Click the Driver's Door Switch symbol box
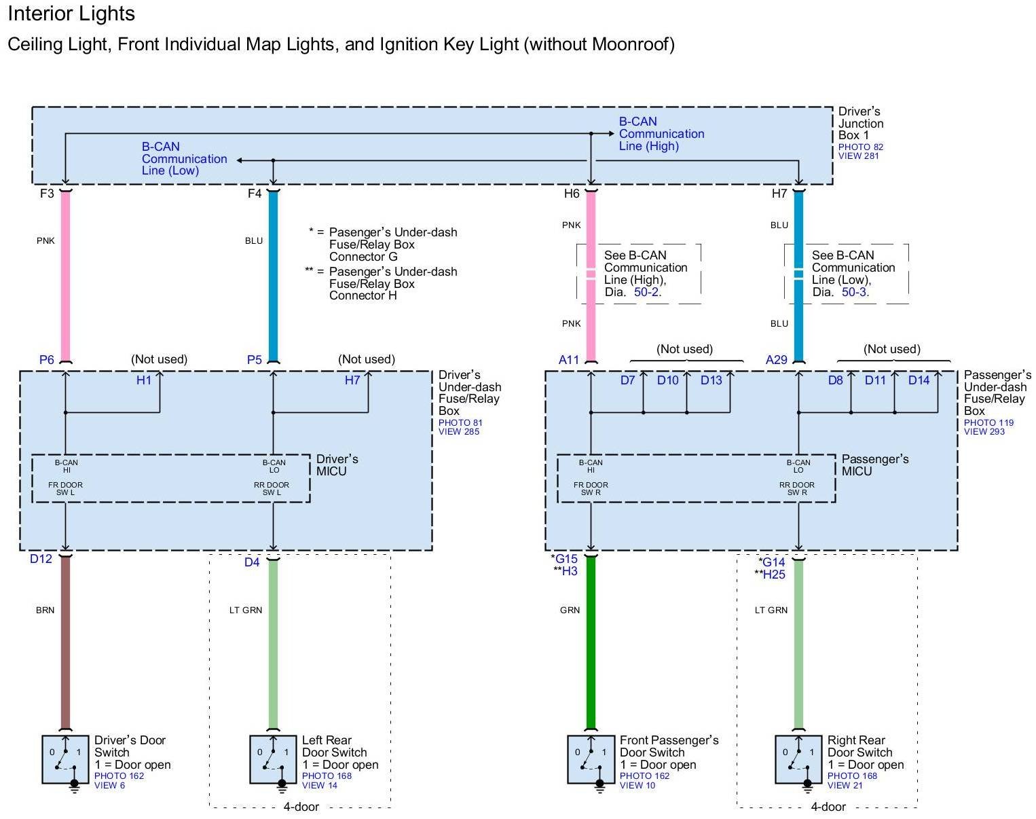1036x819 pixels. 65,759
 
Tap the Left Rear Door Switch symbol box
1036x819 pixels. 273,759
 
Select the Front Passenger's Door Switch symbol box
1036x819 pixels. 591,759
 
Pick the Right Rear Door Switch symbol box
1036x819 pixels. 798,759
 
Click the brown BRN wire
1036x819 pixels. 65,645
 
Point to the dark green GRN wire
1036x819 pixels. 591,645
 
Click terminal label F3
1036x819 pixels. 47,194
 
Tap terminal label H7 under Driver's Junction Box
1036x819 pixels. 779,194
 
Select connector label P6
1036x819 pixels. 46,360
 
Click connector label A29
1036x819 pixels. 777,360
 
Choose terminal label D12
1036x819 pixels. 41,560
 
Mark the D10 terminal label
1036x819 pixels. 667,380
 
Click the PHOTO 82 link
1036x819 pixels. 860,147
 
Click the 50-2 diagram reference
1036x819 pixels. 646,292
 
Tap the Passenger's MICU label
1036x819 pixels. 874,465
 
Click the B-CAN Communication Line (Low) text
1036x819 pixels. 184,159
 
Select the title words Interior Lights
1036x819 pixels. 71,14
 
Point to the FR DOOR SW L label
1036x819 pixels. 65,489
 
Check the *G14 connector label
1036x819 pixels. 772,562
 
